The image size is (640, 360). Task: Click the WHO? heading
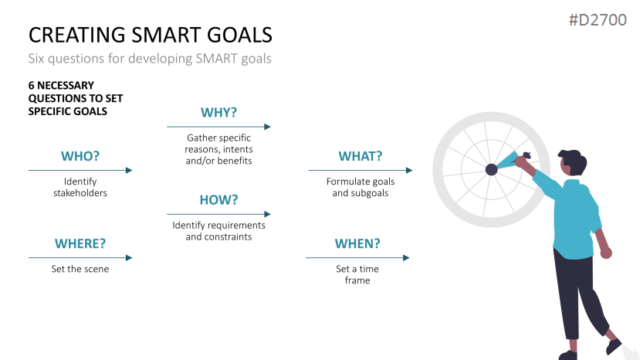[80, 156]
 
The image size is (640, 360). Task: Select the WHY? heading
[218, 112]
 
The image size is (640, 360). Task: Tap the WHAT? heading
[361, 156]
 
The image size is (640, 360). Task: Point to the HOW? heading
[218, 200]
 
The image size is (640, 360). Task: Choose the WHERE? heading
[80, 243]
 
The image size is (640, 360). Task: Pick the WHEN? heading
[357, 243]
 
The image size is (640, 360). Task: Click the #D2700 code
[598, 20]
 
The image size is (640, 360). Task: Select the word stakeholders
[80, 193]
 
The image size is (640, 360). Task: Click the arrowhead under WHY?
[267, 127]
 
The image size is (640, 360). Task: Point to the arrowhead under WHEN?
[406, 258]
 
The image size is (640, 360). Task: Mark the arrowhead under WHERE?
[129, 258]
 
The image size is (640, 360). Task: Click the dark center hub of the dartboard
[492, 169]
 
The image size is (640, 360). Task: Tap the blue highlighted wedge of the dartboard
[506, 161]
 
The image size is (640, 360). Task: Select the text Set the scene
[80, 269]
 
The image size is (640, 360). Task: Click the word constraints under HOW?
[230, 237]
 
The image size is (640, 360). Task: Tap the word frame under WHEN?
[357, 280]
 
